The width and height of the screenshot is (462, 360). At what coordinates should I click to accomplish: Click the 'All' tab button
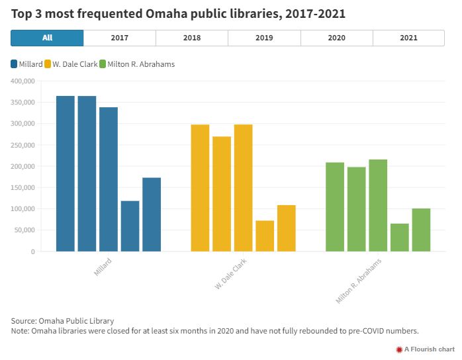(47, 38)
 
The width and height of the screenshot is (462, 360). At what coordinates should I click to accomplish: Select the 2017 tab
(120, 38)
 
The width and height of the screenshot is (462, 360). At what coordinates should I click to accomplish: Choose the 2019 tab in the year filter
(264, 38)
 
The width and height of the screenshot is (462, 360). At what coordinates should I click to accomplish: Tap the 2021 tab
(408, 38)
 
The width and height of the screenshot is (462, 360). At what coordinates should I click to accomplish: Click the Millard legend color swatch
(14, 64)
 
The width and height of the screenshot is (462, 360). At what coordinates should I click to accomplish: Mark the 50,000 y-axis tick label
(24, 230)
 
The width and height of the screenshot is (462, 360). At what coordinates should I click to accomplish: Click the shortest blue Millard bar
(130, 226)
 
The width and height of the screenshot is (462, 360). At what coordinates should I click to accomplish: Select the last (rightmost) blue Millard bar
(152, 214)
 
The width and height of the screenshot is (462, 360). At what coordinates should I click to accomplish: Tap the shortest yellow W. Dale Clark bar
(265, 236)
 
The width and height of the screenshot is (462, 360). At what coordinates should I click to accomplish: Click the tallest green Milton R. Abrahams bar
(378, 205)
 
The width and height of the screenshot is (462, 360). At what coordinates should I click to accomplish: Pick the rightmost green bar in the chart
(421, 230)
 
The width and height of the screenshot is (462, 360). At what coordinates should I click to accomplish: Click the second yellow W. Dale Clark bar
(222, 194)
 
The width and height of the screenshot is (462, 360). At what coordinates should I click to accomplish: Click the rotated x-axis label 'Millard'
(103, 267)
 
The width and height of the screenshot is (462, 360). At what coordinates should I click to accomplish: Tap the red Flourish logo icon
(399, 349)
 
